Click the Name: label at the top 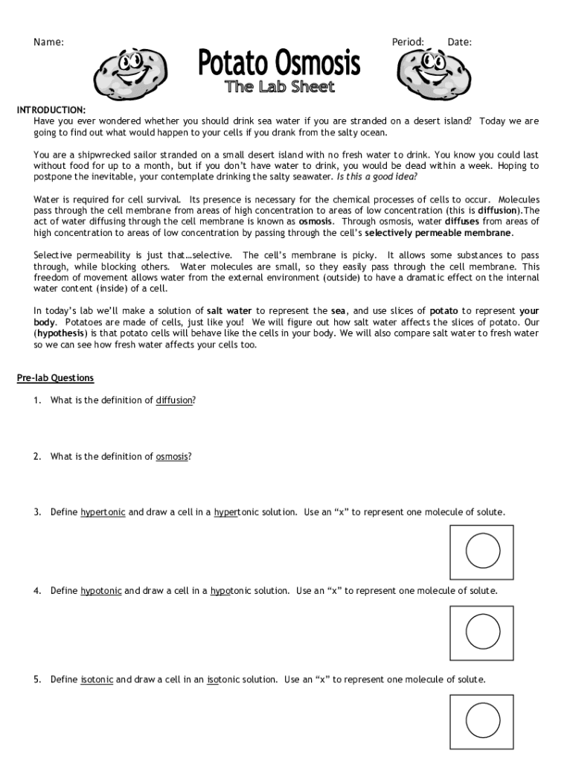click(48, 42)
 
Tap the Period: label click(408, 42)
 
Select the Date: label click(459, 42)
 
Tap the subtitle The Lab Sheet click(280, 88)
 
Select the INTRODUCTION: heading click(51, 110)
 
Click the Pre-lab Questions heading click(56, 378)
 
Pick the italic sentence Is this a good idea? click(377, 177)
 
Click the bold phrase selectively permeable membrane click(438, 233)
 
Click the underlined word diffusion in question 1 click(174, 400)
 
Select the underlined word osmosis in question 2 click(172, 456)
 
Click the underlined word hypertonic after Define click(103, 512)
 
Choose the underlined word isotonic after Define click(97, 679)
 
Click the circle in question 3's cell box click(482, 551)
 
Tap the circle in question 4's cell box click(482, 631)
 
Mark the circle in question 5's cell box click(482, 720)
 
